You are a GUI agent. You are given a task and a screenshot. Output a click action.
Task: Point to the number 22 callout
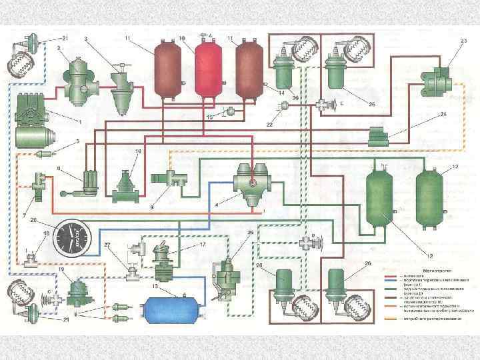coord(270,125)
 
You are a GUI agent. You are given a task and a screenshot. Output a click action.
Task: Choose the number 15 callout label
coord(209,117)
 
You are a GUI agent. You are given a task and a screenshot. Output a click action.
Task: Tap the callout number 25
coord(250,233)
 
